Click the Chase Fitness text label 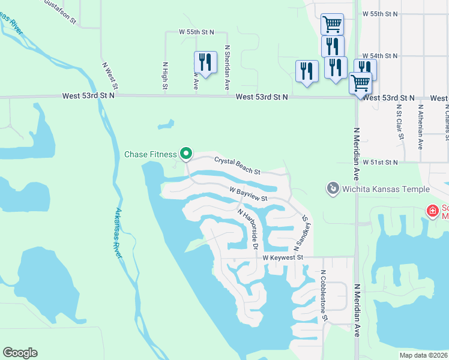tap(151, 154)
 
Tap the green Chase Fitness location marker tap(186, 154)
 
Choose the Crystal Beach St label tap(237, 166)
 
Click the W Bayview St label tap(247, 193)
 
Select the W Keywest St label tap(285, 257)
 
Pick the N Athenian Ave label tap(420, 126)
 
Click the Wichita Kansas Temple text tap(386, 190)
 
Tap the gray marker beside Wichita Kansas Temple tap(333, 189)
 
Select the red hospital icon tap(432, 211)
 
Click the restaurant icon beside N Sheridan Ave tap(205, 62)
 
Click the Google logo tap(20, 353)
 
